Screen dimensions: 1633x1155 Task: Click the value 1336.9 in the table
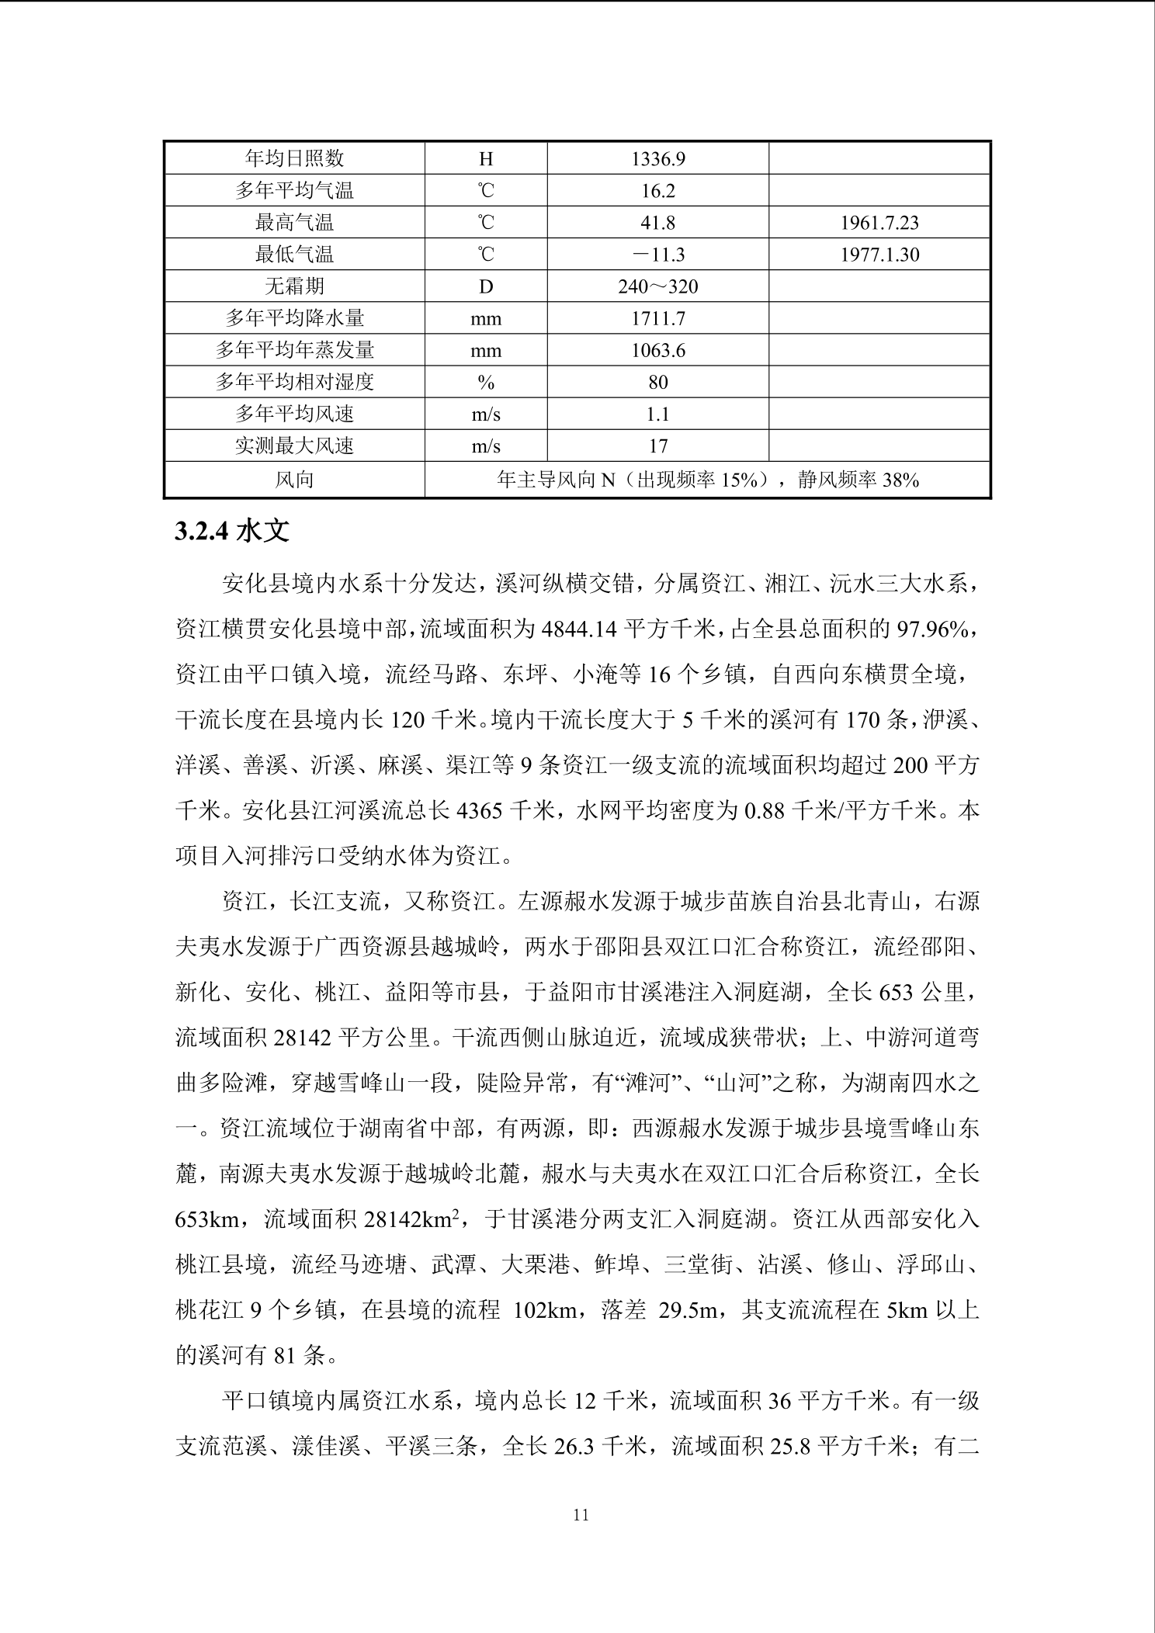(657, 159)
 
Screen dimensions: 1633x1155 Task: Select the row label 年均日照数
(294, 159)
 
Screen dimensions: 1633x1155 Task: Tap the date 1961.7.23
(879, 224)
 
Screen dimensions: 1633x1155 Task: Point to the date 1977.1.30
(879, 255)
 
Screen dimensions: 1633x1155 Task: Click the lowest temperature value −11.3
(657, 255)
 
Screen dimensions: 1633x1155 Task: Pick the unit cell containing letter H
(486, 159)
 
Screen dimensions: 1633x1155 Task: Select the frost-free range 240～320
(657, 287)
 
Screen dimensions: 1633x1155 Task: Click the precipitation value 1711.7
(657, 319)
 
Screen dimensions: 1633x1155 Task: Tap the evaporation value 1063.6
(657, 351)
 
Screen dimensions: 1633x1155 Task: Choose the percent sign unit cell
(486, 383)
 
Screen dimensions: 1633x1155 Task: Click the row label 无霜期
(294, 287)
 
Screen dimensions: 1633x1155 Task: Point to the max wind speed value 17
(657, 446)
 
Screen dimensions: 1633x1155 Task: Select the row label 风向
(294, 480)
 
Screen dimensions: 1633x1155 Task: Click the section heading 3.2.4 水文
(232, 531)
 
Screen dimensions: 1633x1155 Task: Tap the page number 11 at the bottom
(581, 1514)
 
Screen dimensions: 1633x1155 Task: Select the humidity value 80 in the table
(657, 383)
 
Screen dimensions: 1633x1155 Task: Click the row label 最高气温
(294, 224)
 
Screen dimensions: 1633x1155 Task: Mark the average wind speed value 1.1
(657, 414)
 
